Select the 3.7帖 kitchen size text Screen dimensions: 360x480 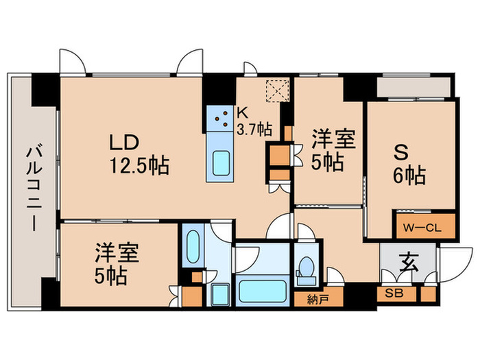(254, 129)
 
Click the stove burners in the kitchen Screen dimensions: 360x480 (221, 119)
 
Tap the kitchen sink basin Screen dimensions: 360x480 (221, 164)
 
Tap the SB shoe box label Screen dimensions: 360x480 (395, 293)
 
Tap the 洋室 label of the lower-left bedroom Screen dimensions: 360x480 (117, 254)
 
